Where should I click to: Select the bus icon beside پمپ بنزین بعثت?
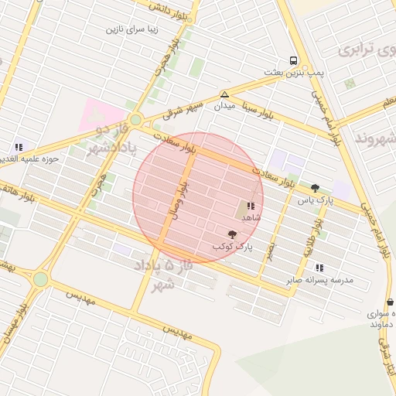pos(293,60)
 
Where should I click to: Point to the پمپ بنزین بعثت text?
pos(293,73)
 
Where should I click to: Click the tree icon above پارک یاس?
pos(315,188)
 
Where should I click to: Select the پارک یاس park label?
pos(315,200)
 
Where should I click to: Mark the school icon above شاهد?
pos(251,206)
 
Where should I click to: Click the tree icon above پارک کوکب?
pos(232,234)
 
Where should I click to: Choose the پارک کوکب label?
pos(233,247)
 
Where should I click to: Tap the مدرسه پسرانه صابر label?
pos(319,280)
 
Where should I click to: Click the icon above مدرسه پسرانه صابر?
pos(319,268)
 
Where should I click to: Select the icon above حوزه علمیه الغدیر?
pos(19,147)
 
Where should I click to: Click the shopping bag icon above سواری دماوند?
pos(389,302)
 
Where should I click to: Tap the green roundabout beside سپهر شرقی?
pos(136,119)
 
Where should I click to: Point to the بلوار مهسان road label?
pos(19,324)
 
